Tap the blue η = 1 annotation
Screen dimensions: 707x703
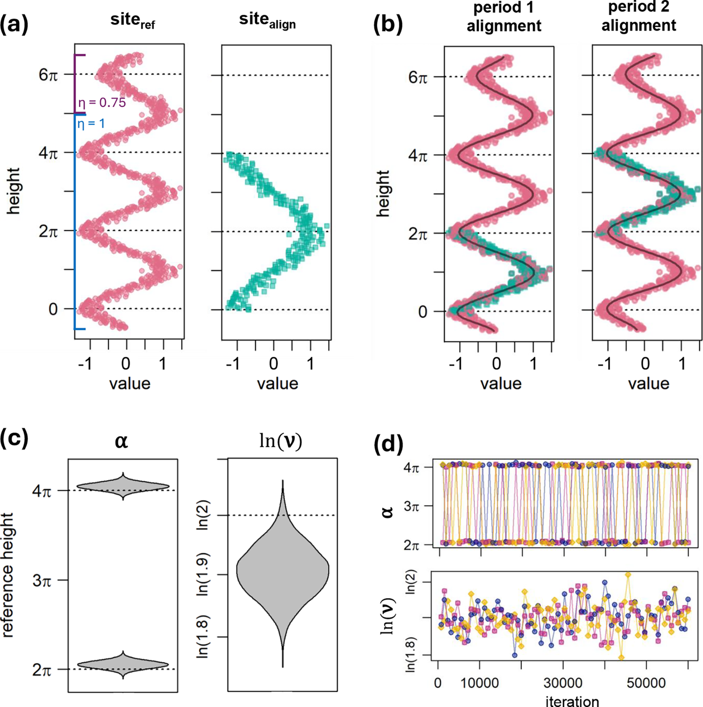pyautogui.click(x=91, y=124)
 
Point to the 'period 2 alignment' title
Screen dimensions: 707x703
pyautogui.click(x=639, y=16)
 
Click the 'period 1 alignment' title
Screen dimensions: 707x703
pyautogui.click(x=504, y=17)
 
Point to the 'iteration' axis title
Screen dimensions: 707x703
pyautogui.click(x=572, y=701)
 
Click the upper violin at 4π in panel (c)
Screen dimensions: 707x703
pyautogui.click(x=123, y=486)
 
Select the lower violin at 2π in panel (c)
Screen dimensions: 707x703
pyautogui.click(x=123, y=664)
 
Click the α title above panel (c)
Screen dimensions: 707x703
pyautogui.click(x=121, y=442)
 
